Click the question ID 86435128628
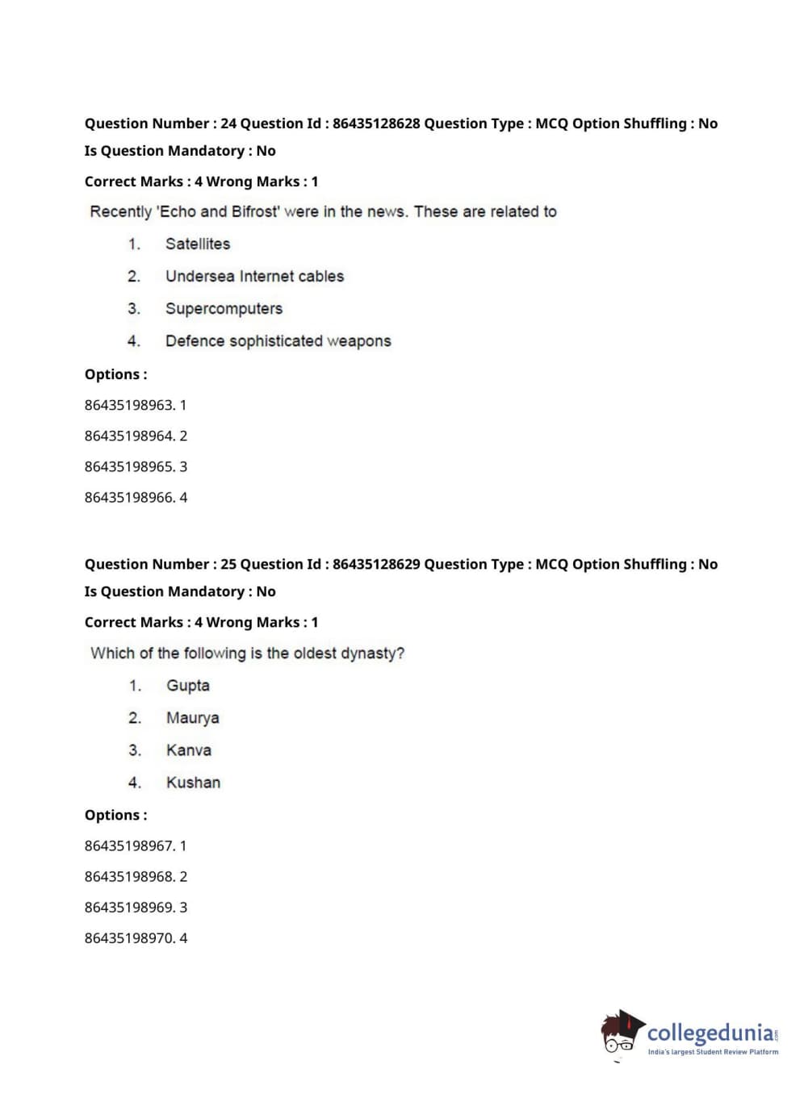(376, 123)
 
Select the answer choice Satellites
(198, 244)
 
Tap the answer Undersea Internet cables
(254, 276)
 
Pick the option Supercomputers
(224, 308)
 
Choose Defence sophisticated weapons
(278, 340)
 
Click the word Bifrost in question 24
(255, 211)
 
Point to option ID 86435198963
(129, 405)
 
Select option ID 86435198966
(129, 497)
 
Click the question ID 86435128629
(376, 564)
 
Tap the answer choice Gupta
(187, 685)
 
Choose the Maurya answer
(192, 717)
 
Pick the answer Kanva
(188, 750)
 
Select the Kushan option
(193, 782)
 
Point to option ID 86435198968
(129, 876)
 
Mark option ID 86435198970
(129, 937)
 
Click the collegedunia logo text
(710, 1033)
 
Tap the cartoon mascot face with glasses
(620, 1034)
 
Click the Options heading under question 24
(115, 374)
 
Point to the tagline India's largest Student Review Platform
(713, 1052)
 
